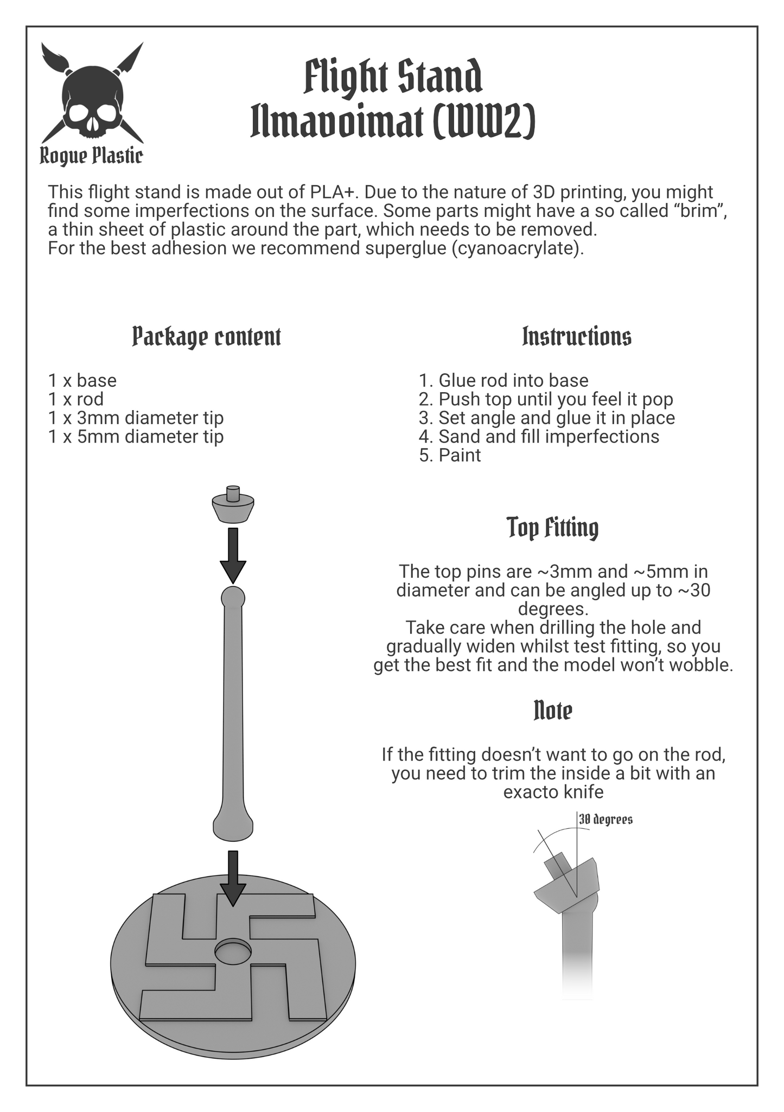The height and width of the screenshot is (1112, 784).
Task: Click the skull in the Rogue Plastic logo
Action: (92, 104)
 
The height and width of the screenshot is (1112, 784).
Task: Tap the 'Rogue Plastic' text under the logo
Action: (92, 156)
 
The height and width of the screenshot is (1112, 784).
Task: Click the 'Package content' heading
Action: (207, 337)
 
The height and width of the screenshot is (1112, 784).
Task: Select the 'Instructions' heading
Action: (577, 336)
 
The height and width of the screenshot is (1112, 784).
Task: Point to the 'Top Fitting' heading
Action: (553, 527)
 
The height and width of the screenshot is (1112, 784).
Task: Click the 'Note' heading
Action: (553, 711)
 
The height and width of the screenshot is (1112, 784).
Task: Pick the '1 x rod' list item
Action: (76, 399)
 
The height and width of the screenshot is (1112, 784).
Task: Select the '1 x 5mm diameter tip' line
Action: (136, 436)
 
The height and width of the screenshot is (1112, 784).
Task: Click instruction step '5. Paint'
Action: (450, 455)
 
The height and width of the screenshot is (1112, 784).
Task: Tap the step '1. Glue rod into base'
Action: (503, 380)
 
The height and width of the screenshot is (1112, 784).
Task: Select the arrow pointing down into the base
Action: (233, 878)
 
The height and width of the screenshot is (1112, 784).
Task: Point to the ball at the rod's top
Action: (233, 598)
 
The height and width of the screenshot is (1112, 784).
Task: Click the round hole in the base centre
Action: (233, 952)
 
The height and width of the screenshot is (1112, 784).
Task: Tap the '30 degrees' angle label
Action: (605, 819)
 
